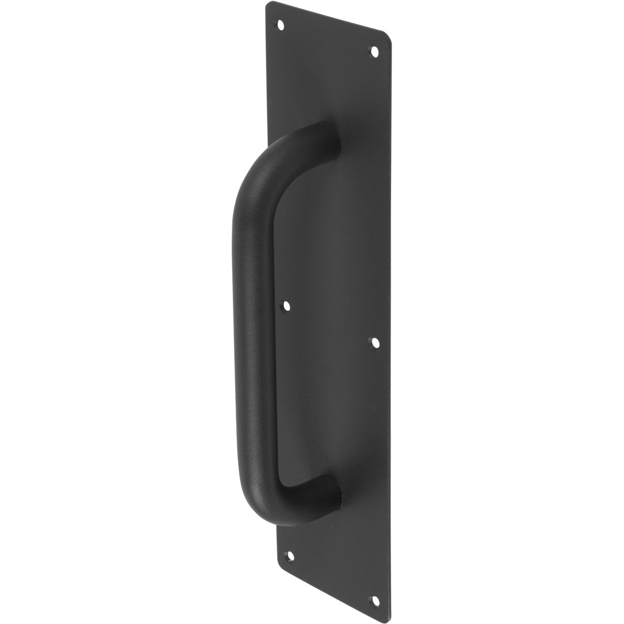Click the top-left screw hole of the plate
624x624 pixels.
point(281,25)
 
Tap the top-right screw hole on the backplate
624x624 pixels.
point(374,52)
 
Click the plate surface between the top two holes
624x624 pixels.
point(328,39)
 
